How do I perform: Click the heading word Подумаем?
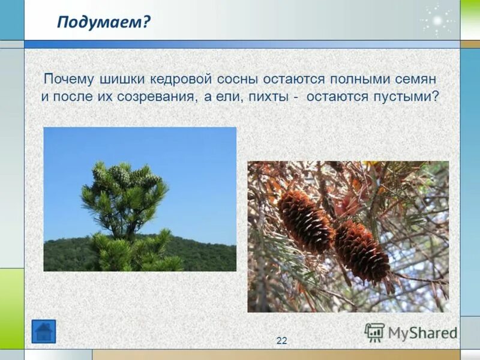(104, 22)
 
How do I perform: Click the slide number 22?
(281, 341)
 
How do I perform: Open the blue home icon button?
(43, 331)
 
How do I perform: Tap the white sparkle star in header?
(437, 21)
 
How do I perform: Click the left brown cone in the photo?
(305, 220)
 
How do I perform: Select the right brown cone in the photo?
(362, 251)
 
